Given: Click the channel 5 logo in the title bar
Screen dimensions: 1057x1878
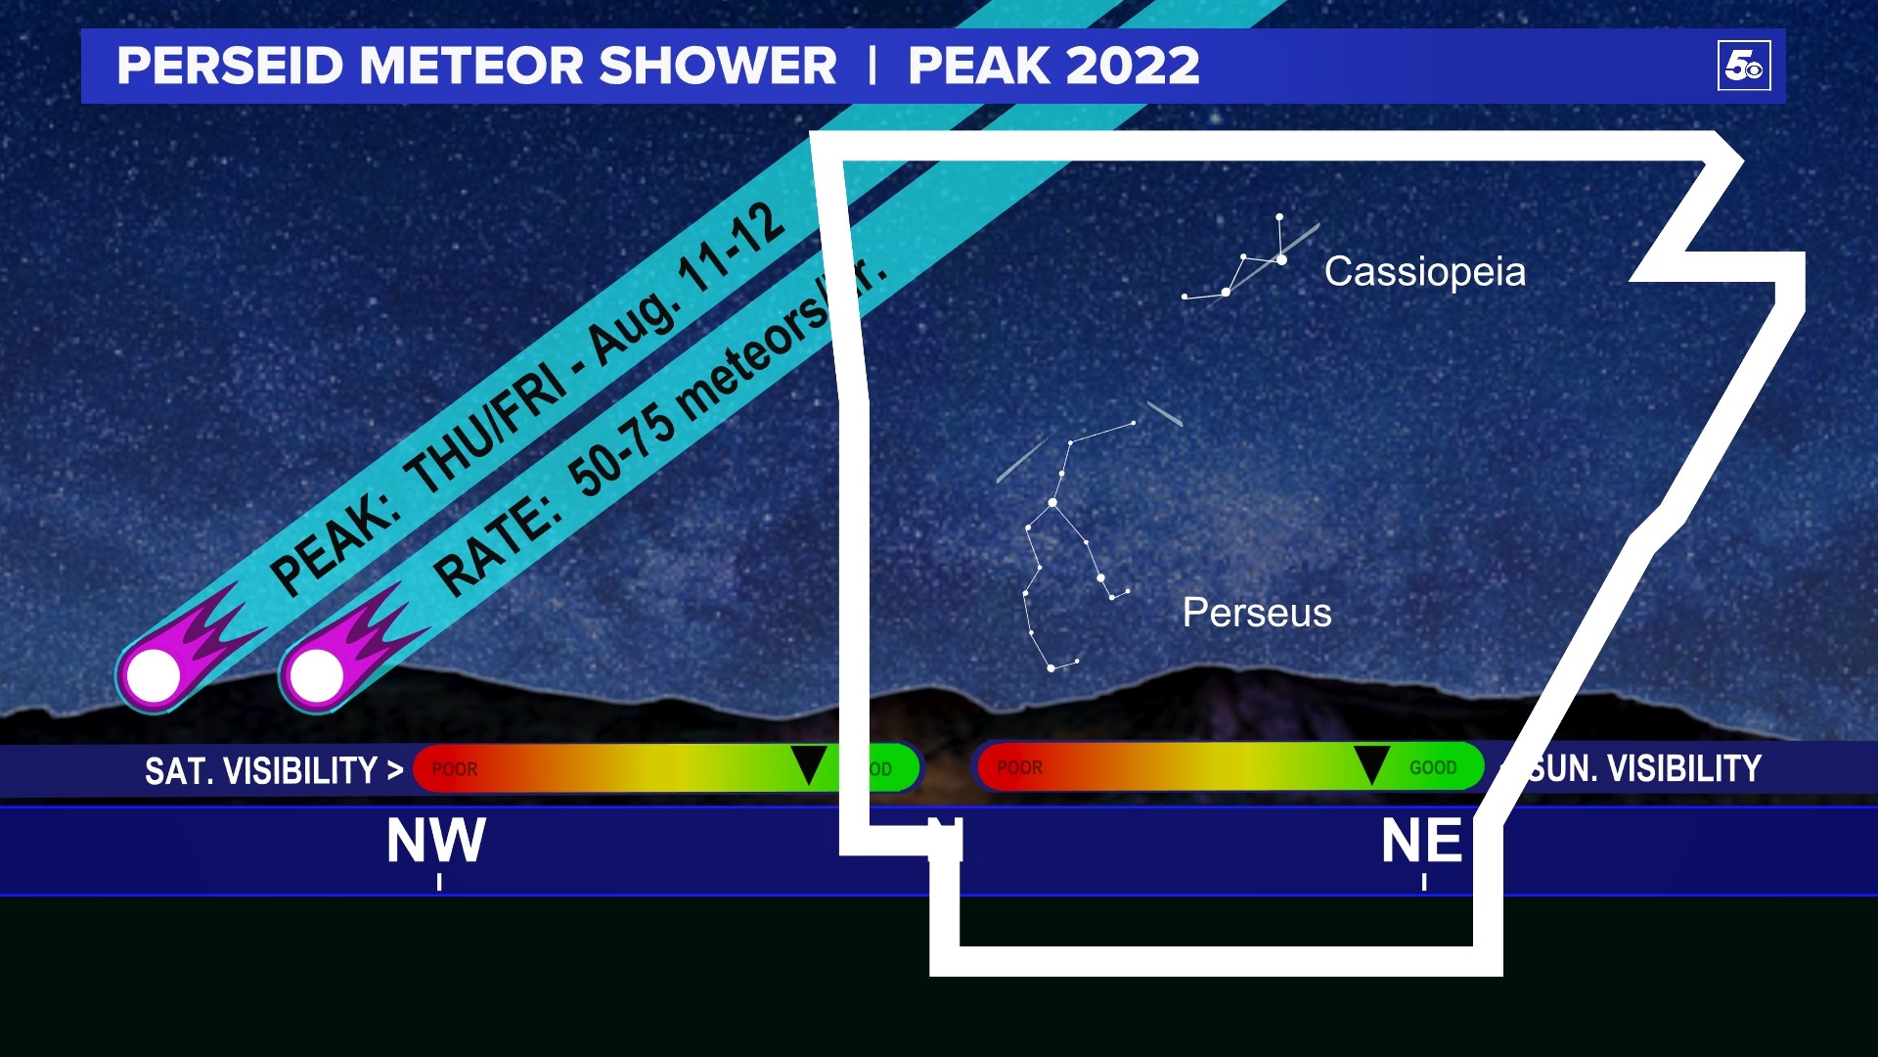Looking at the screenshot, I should [1744, 66].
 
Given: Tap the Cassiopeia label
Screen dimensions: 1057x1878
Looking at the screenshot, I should [1424, 271].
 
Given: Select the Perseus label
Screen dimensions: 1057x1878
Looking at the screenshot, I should [1257, 613].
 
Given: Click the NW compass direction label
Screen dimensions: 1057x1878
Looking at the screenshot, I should [436, 841].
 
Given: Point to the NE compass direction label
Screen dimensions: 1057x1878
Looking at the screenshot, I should [1421, 841].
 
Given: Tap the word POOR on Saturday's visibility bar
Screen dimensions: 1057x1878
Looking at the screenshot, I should [455, 769].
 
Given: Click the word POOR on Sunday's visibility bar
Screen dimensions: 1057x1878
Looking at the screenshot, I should [1019, 768].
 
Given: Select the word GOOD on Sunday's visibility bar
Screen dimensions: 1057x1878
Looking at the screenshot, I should [1433, 768].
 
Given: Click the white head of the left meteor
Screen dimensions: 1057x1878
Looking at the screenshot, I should [155, 675].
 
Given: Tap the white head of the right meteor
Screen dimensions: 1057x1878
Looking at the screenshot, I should [317, 675].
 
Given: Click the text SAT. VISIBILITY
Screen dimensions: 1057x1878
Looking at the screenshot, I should [261, 771].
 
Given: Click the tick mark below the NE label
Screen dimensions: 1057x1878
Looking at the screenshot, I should [1424, 882].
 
